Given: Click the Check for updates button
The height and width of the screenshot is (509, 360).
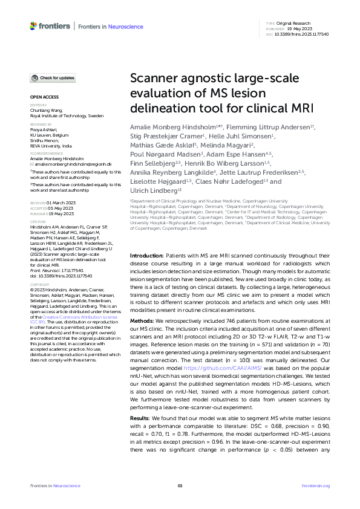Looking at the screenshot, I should (x=53, y=78).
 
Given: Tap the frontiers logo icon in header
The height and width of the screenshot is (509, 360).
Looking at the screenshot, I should (x=34, y=25).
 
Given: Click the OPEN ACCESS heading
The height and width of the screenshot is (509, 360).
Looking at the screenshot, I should (x=44, y=97).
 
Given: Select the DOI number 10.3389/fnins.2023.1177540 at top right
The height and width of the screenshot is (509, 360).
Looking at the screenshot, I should (x=306, y=34).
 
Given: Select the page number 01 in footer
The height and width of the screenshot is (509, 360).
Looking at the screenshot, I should (x=180, y=486).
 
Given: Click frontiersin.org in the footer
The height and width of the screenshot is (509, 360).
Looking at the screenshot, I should (x=315, y=486).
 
